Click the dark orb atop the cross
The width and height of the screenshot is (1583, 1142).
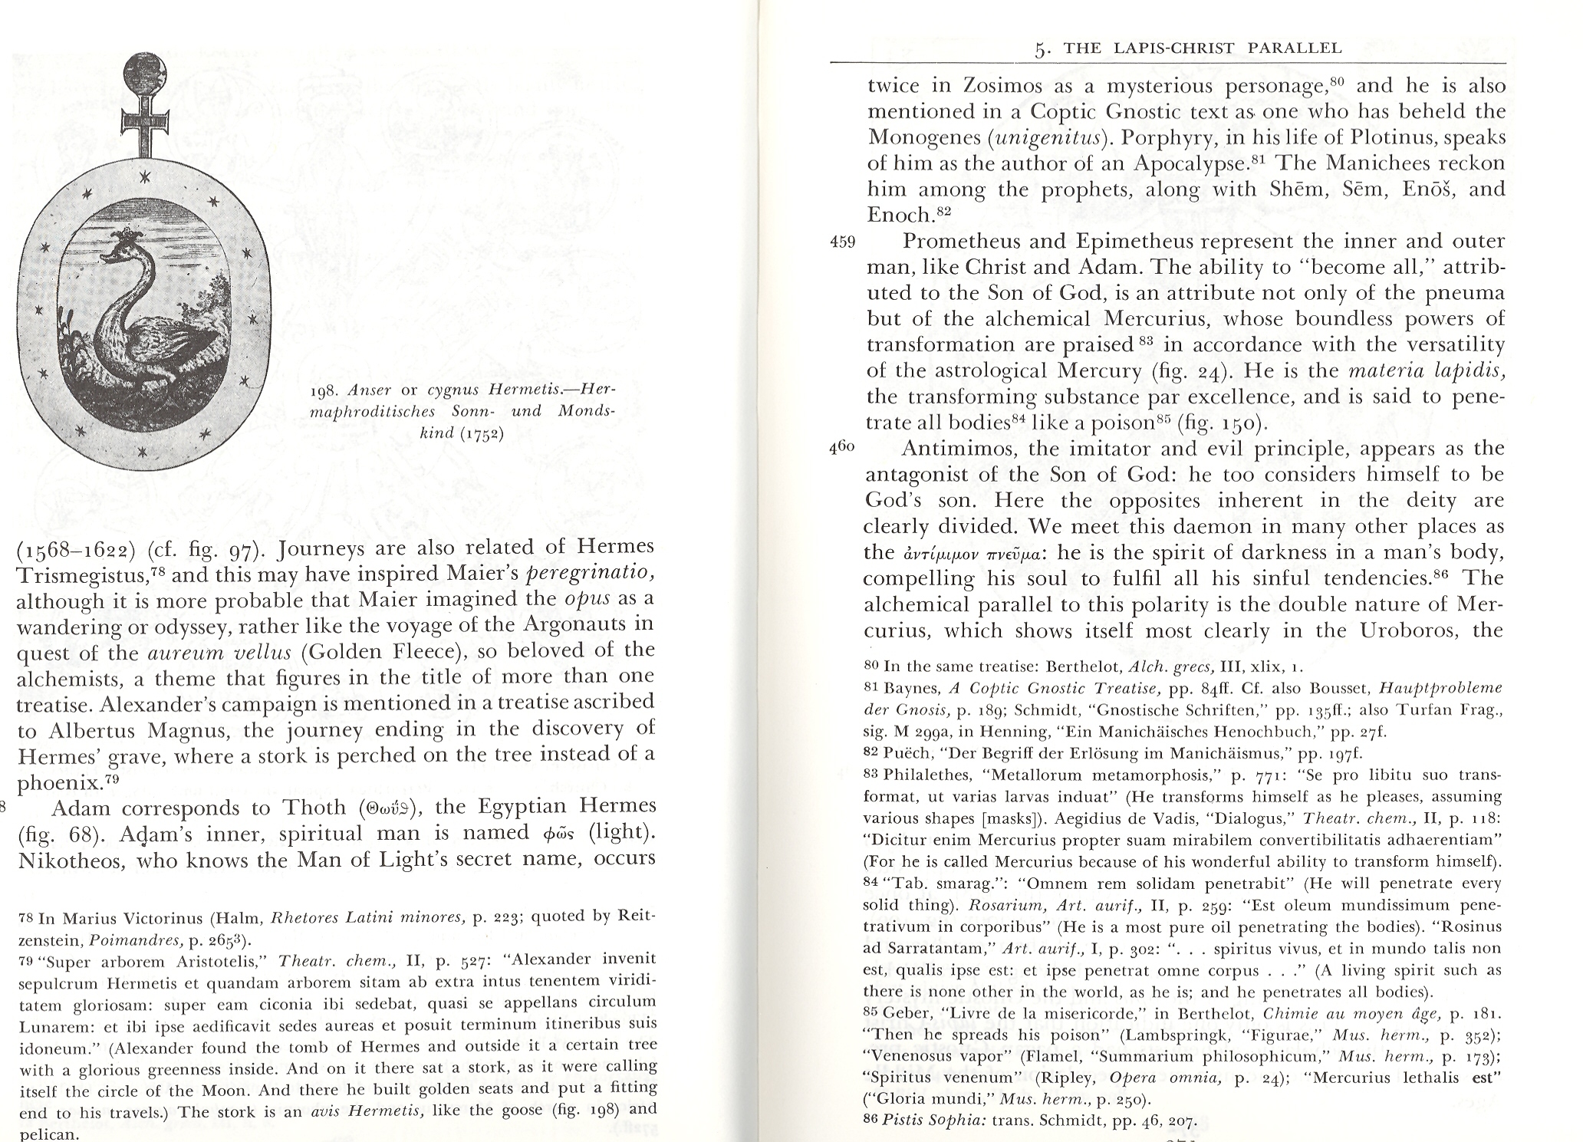(143, 74)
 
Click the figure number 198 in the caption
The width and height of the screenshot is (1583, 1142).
(322, 390)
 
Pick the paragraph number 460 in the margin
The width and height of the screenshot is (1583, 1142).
(842, 449)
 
